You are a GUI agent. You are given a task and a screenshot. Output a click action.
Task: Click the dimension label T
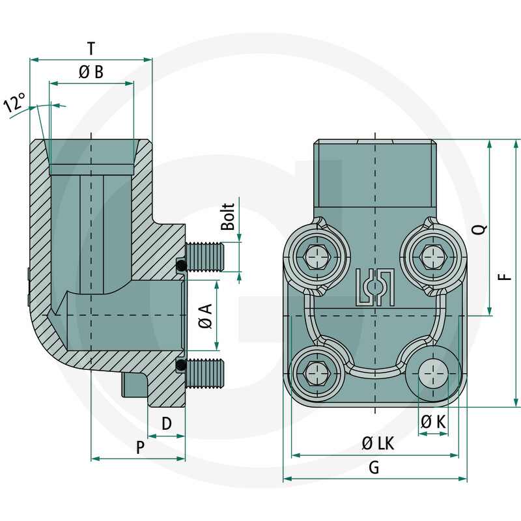tap(91, 48)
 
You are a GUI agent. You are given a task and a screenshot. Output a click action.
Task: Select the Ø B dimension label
tap(91, 72)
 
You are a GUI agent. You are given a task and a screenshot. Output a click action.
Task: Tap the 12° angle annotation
tap(14, 104)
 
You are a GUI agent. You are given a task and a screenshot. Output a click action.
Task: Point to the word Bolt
tap(227, 216)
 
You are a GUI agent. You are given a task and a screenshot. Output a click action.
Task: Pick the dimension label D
tap(166, 424)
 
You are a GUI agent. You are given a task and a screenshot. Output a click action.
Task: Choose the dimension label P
tap(139, 447)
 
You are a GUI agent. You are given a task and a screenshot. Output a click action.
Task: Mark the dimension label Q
tap(479, 229)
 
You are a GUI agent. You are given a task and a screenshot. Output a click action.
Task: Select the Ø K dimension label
tap(433, 423)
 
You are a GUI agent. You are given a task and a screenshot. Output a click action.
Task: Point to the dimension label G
tap(374, 467)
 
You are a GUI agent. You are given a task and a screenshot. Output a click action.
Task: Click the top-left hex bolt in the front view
tap(316, 256)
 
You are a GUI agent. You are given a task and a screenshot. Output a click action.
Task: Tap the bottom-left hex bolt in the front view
tap(316, 374)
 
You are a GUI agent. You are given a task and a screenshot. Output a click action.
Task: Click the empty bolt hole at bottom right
tap(433, 374)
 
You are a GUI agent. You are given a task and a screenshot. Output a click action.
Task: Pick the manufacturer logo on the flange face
tap(374, 287)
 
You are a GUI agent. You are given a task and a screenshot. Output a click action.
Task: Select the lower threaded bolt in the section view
tap(205, 372)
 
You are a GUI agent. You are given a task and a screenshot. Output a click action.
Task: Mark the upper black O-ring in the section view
tap(182, 265)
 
